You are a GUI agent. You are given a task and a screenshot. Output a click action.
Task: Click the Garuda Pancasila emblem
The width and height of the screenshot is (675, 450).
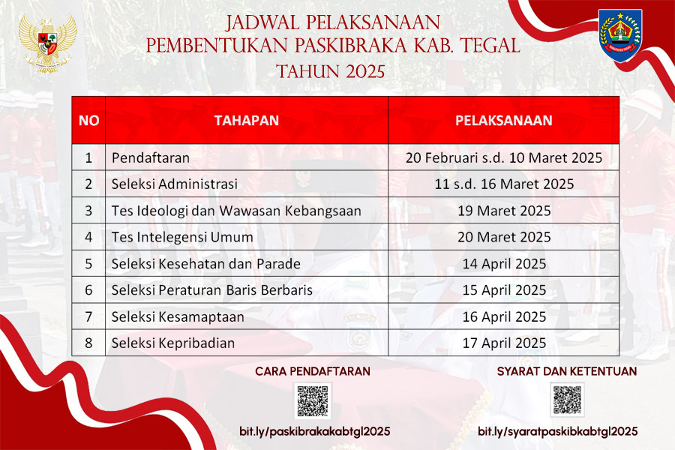click(x=47, y=43)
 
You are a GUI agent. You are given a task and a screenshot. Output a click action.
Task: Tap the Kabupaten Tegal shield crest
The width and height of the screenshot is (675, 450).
click(x=620, y=35)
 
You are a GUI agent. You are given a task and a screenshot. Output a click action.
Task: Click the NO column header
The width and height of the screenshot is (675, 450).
click(x=88, y=120)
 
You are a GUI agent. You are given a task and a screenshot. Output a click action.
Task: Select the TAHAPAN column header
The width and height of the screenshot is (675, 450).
click(x=247, y=120)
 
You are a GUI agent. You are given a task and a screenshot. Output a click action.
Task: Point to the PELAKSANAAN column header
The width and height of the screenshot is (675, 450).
click(x=504, y=120)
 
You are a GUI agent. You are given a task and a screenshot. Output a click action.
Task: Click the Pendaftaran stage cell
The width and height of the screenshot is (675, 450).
click(x=247, y=157)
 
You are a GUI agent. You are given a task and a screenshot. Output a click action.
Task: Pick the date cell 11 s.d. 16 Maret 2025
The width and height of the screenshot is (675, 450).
click(x=504, y=184)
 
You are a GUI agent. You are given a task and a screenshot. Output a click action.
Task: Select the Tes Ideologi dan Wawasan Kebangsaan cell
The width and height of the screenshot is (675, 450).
click(x=247, y=211)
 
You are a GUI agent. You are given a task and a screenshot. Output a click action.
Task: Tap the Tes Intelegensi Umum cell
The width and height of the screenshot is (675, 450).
click(x=247, y=237)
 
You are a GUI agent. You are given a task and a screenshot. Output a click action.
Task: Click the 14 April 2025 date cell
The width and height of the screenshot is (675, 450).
click(x=504, y=263)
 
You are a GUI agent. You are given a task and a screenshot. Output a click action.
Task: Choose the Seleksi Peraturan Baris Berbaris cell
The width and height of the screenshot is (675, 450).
click(x=247, y=289)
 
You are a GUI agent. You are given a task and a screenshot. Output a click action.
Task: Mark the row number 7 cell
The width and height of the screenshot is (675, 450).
click(x=88, y=316)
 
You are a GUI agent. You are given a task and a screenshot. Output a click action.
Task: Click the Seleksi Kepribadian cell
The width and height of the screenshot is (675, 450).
click(x=247, y=343)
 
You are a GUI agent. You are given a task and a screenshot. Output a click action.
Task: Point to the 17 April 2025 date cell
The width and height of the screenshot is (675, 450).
click(x=504, y=343)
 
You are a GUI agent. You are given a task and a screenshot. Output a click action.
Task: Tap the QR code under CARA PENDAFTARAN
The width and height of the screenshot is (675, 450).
click(x=313, y=400)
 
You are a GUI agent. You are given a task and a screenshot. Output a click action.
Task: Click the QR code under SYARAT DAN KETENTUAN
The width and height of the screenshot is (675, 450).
click(x=567, y=400)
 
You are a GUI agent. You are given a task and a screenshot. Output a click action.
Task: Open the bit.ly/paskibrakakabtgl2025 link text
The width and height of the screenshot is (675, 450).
click(x=315, y=431)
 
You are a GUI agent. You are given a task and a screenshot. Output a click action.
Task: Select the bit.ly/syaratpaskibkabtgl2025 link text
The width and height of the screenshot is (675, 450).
click(x=557, y=431)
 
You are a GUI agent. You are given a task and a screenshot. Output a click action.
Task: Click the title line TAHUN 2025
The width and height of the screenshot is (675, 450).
click(x=330, y=71)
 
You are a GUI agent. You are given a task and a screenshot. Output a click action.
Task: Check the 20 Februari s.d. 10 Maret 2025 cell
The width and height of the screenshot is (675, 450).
click(x=504, y=157)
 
